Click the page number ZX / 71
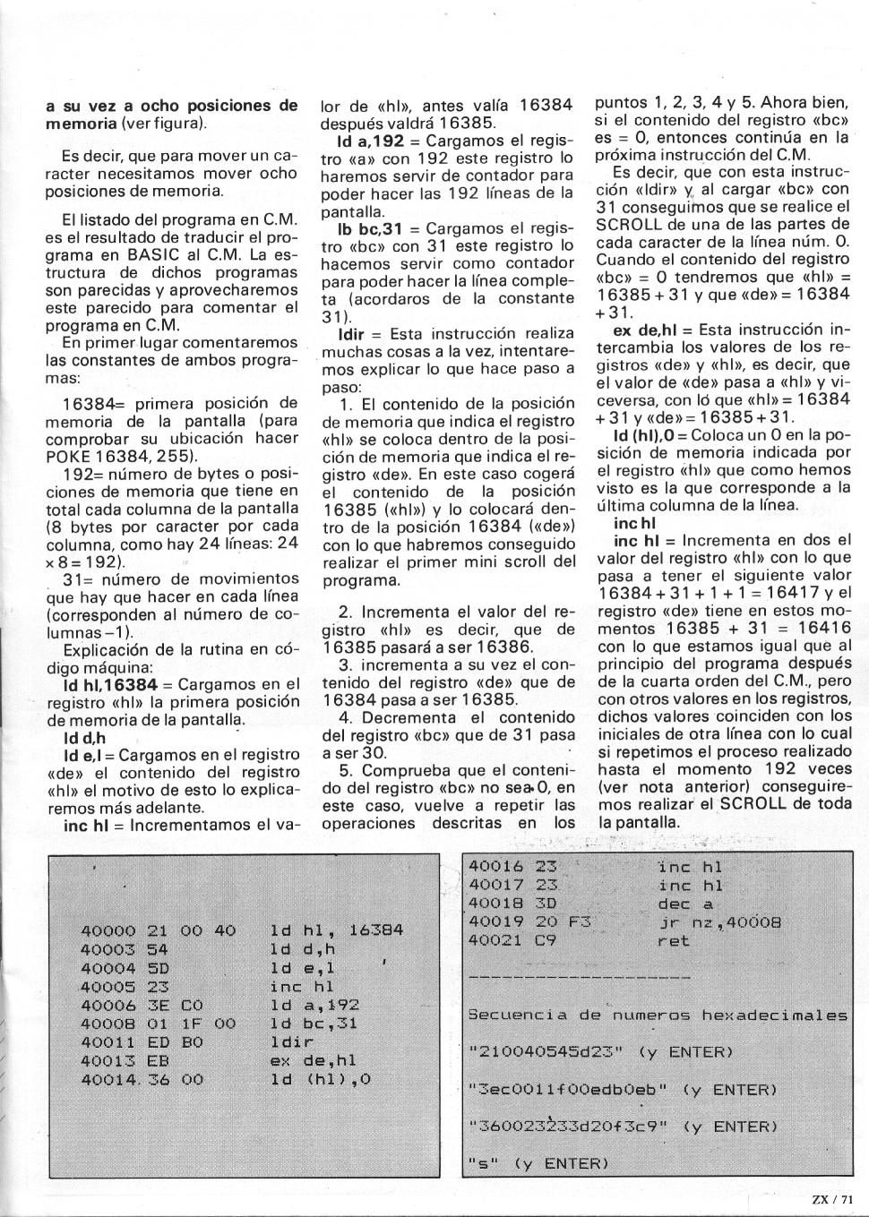pyautogui.click(x=832, y=1201)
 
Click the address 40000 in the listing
pyautogui.click(x=108, y=931)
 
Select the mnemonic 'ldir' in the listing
pyautogui.click(x=291, y=1042)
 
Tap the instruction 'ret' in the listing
pyautogui.click(x=673, y=941)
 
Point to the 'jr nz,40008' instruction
pyautogui.click(x=719, y=922)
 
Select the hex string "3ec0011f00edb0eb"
pyautogui.click(x=568, y=1090)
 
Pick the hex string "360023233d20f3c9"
pyautogui.click(x=568, y=1127)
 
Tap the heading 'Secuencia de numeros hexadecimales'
pyautogui.click(x=658, y=1016)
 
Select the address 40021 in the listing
pyautogui.click(x=496, y=941)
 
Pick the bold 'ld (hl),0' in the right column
pyautogui.click(x=645, y=435)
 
